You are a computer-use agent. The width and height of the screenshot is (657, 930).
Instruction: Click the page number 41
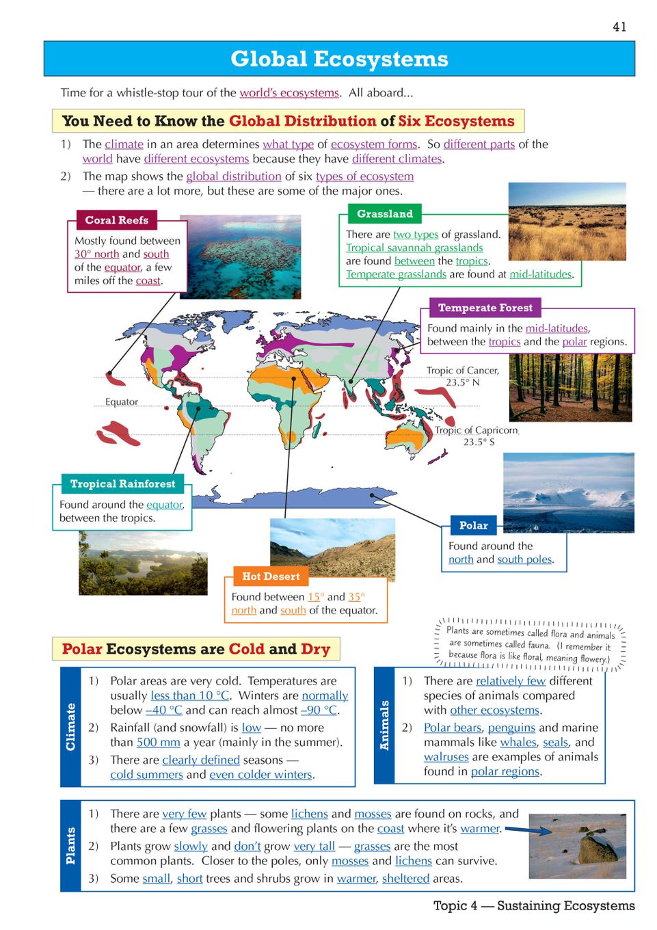click(619, 27)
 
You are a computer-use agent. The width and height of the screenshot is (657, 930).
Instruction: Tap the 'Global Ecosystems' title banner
click(339, 59)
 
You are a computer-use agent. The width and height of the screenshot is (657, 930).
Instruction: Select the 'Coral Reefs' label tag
click(116, 220)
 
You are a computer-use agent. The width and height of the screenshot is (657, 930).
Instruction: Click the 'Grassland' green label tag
click(385, 214)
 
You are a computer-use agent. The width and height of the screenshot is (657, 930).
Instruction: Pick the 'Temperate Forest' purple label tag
click(485, 308)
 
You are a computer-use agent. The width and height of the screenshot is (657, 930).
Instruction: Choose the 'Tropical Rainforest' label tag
click(122, 483)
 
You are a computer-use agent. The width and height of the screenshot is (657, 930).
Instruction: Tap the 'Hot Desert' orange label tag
click(271, 576)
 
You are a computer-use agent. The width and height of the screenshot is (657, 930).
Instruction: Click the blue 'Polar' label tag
click(473, 525)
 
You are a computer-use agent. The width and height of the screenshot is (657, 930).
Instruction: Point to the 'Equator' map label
click(122, 402)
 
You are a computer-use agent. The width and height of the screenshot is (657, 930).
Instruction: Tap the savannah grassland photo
click(567, 221)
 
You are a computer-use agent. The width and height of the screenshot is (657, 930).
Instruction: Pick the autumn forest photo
click(570, 388)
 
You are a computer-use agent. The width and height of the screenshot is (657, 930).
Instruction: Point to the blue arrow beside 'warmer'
click(528, 830)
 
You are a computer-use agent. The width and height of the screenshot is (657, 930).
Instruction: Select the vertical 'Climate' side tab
click(70, 727)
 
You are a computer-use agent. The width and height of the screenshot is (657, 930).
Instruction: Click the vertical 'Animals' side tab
click(384, 726)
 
